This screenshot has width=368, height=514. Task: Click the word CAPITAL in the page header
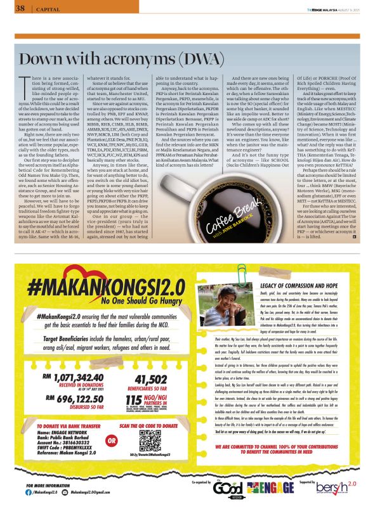[44, 9]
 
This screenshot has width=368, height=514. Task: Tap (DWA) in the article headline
[158, 59]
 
